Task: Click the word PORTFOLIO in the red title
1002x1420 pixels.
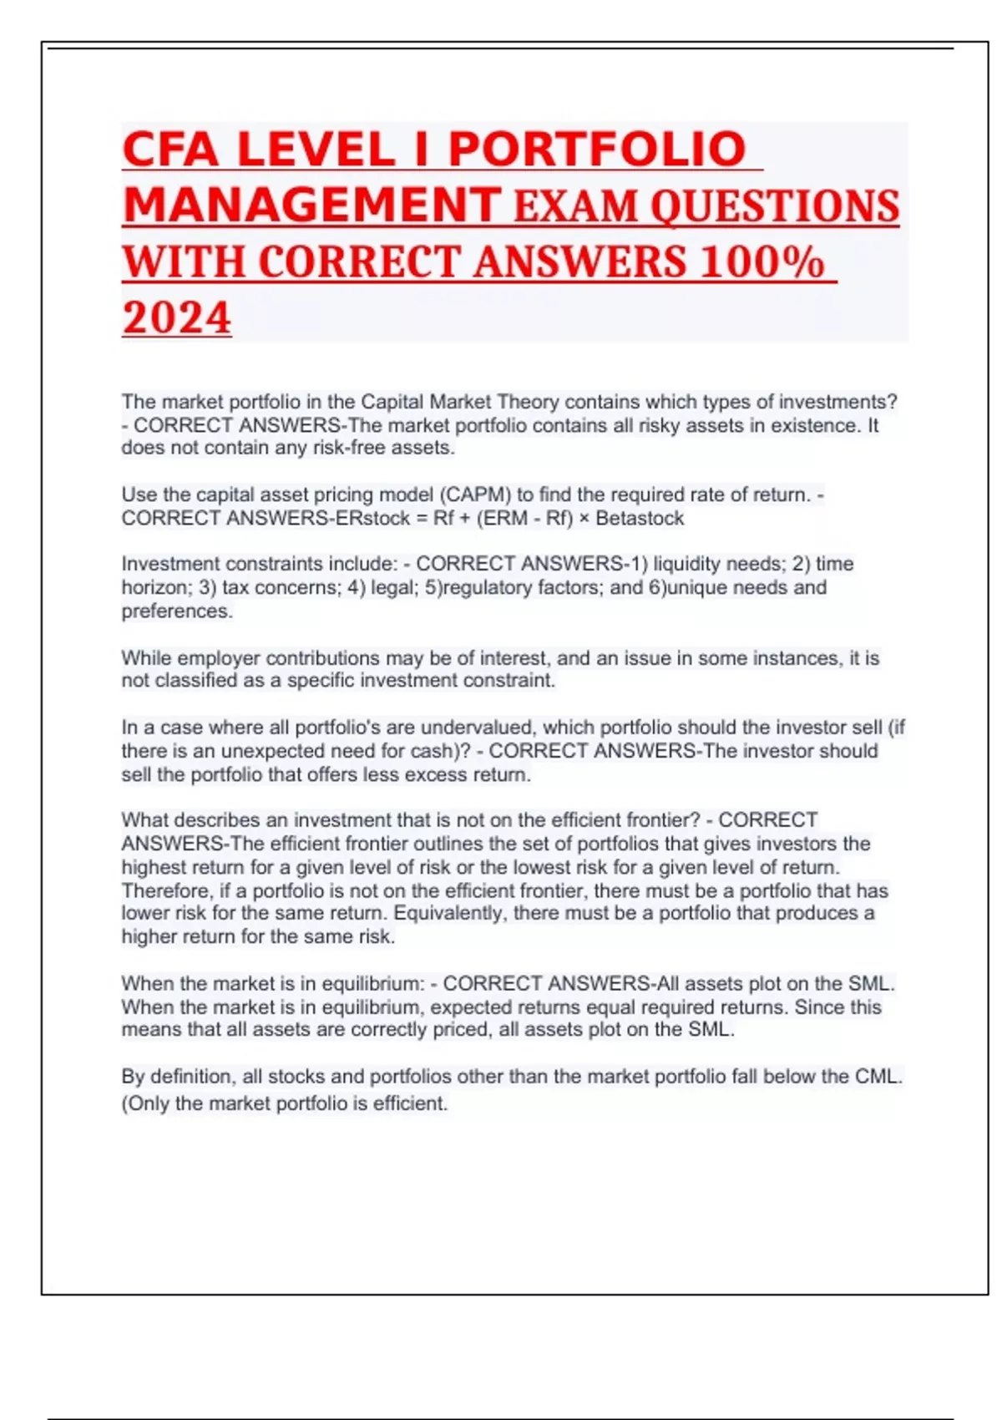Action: point(596,150)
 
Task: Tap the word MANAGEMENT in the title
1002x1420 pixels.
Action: point(311,205)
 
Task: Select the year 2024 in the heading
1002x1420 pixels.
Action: point(176,318)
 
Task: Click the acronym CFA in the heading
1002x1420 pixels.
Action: point(170,150)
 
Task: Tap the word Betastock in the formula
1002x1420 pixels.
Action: point(640,518)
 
